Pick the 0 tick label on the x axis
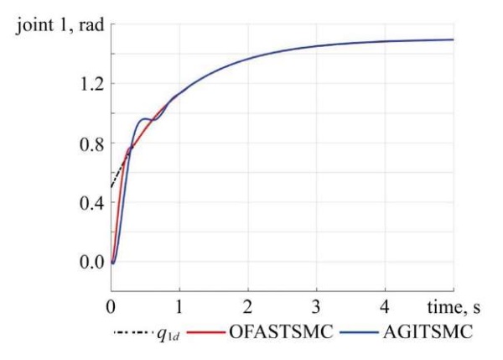tap(111, 305)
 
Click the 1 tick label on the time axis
tap(179, 305)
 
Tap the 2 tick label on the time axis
tap(248, 305)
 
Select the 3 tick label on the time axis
tap(317, 305)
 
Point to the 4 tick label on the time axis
tap(385, 305)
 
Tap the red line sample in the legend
tap(208, 332)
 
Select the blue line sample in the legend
tap(364, 332)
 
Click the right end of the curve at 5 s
tap(453, 39)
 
